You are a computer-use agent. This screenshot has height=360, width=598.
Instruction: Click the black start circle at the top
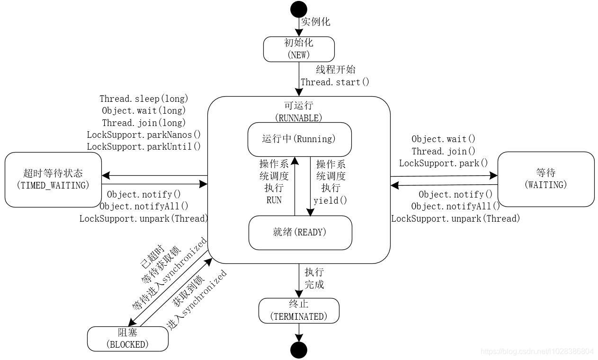coord(299,9)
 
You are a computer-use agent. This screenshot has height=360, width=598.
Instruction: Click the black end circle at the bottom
coord(299,350)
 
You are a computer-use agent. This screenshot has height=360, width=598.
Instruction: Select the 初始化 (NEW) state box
coord(299,49)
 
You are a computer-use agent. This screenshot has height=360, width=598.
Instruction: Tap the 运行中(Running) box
coord(299,139)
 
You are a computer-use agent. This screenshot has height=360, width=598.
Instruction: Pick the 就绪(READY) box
coord(300,233)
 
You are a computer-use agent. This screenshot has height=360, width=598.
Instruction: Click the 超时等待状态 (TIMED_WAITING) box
coord(53,180)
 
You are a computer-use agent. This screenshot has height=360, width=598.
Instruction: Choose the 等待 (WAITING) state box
coord(545,179)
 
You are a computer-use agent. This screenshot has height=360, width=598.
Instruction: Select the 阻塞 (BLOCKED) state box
coord(127,339)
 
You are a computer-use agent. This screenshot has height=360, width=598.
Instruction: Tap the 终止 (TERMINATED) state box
coord(299,311)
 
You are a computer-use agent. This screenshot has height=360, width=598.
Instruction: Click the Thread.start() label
coord(335,82)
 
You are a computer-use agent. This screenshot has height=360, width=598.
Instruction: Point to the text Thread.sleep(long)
coord(144,99)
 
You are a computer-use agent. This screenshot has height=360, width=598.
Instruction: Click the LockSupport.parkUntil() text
coord(144,146)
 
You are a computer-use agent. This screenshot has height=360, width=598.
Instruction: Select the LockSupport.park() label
coord(443,163)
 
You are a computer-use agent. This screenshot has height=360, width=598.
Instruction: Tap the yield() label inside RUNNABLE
coord(330,200)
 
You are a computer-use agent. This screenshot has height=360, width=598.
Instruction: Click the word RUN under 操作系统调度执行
coord(274,200)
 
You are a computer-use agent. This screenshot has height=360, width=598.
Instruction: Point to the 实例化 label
coord(316,22)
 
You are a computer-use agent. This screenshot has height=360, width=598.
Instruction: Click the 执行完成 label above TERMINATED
coord(314,279)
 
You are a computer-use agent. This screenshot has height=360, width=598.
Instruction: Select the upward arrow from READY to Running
coord(295,187)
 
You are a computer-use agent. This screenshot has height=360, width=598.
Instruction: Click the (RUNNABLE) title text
coord(298,117)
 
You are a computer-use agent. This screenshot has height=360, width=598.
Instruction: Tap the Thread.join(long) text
coord(144,123)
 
